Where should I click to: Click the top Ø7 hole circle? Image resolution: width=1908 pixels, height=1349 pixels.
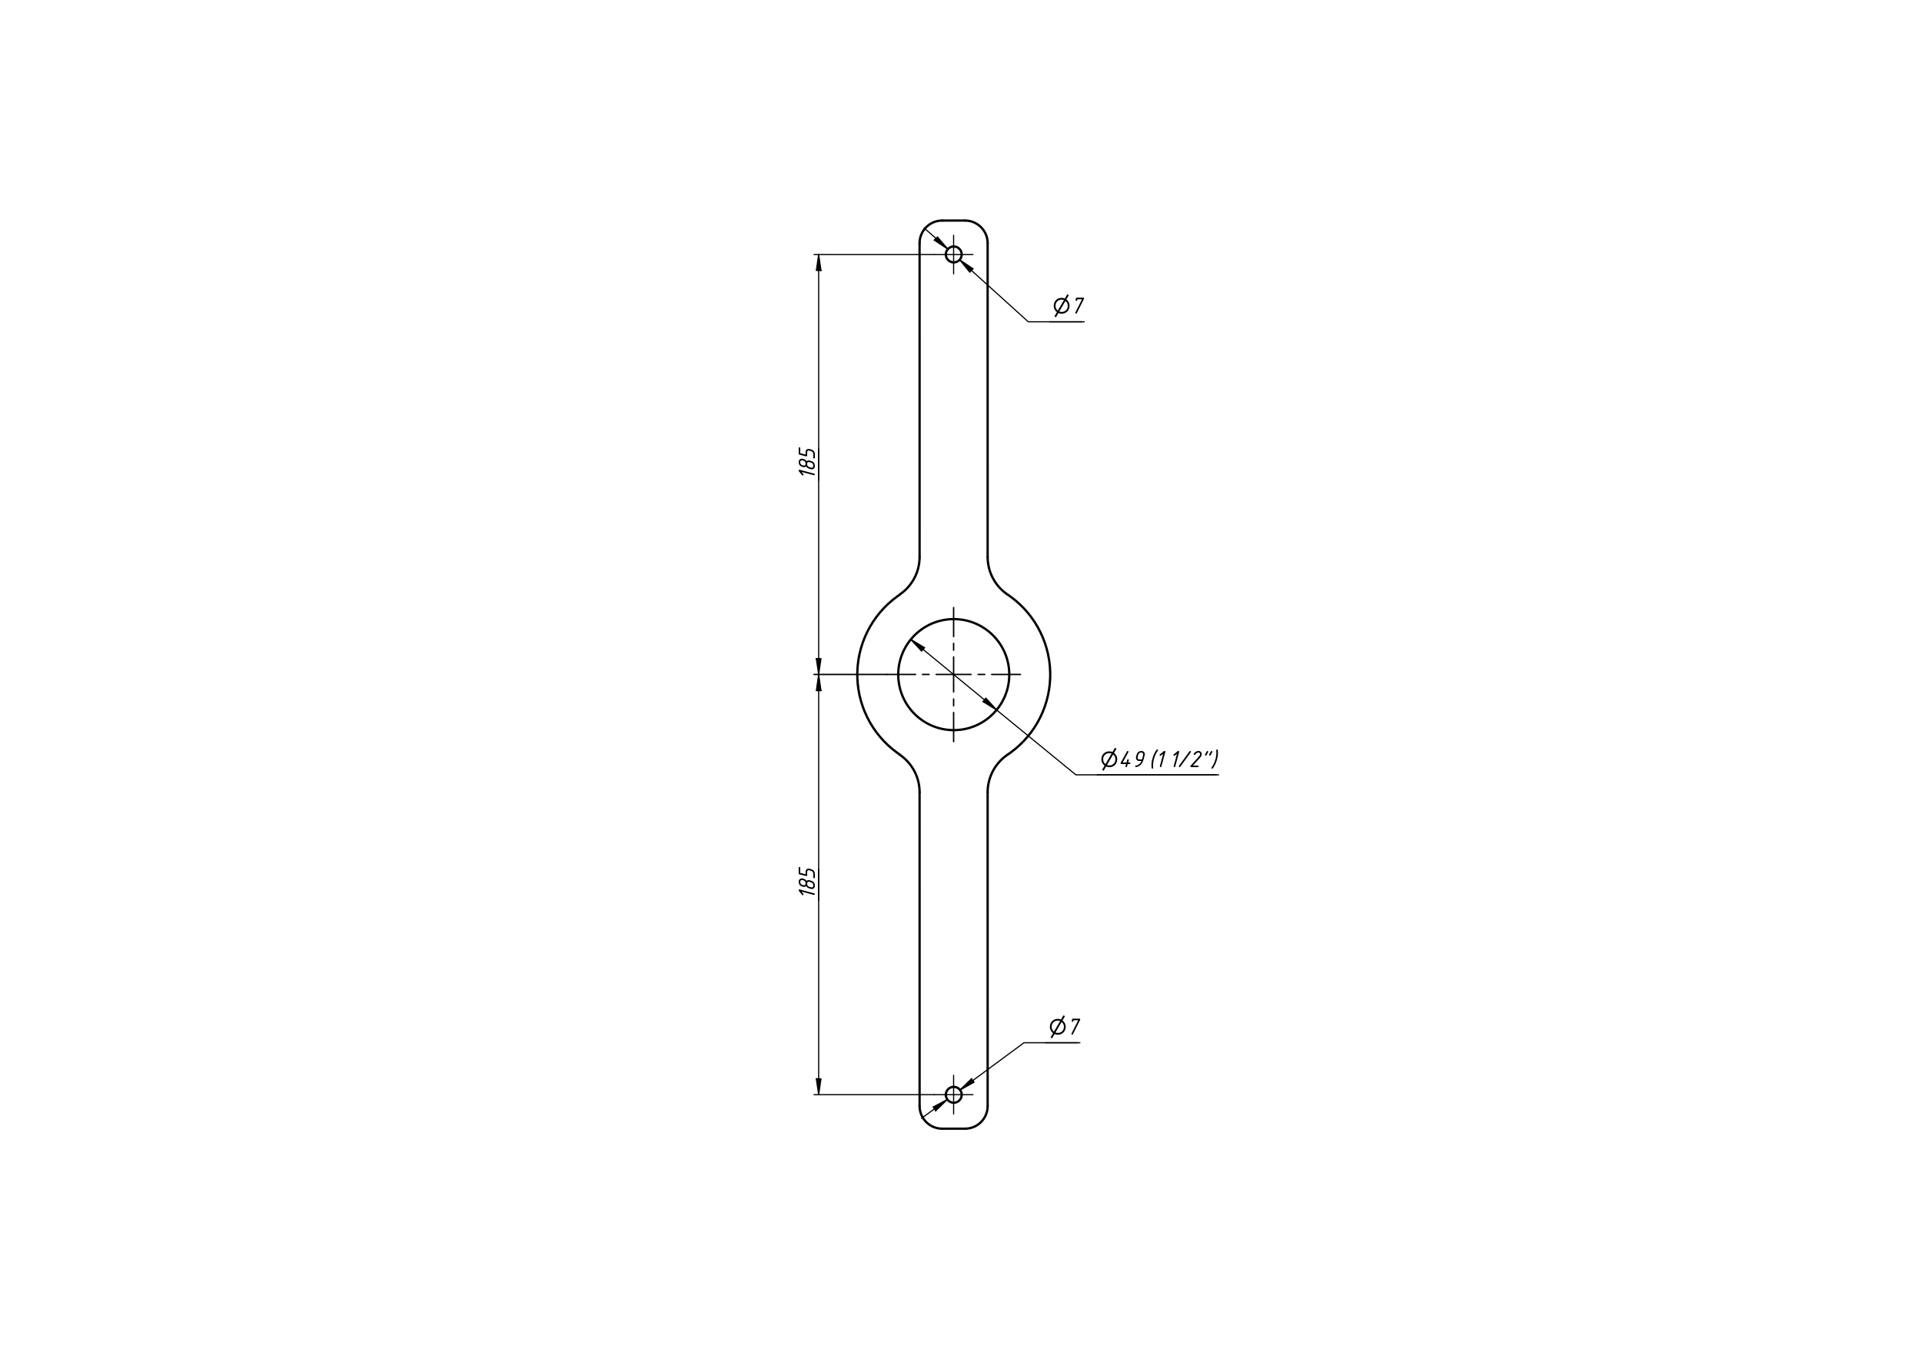(x=953, y=247)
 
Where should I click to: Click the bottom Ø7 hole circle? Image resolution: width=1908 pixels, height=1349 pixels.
(x=953, y=1086)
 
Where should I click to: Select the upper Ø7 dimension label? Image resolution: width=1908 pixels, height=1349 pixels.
(x=1069, y=305)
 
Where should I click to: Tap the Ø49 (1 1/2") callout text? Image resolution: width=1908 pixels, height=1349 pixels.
(x=1160, y=759)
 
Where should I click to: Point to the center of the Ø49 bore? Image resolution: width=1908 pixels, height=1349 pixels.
(x=953, y=674)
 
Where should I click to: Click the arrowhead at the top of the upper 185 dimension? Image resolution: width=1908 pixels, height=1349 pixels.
(x=819, y=263)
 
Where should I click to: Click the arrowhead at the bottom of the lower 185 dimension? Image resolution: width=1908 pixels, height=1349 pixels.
(x=819, y=1085)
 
